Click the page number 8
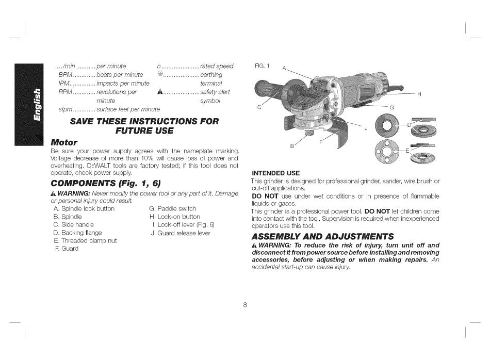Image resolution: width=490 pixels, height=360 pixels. coord(246,304)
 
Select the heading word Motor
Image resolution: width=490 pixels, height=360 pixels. coord(64,142)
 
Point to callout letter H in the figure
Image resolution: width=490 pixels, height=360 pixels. coord(419,94)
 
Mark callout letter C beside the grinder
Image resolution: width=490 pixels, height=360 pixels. coord(259,107)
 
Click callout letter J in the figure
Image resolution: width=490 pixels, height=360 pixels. coord(366,128)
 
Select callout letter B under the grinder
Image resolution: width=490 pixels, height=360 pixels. coord(292,146)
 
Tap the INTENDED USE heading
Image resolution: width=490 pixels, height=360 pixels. coord(275,173)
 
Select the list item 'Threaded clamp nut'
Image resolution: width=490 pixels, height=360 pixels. coord(85,240)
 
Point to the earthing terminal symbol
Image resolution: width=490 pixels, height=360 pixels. coord(160,74)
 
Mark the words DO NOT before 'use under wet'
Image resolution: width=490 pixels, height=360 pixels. coord(265,197)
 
